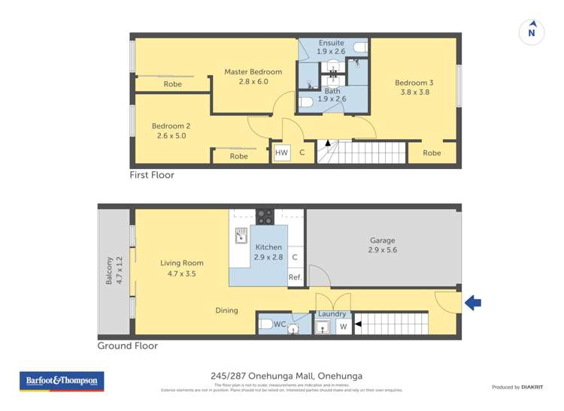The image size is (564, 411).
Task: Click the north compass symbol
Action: [532, 32]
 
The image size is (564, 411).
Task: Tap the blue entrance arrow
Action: [473, 303]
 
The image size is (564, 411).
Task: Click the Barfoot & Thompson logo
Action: [62, 382]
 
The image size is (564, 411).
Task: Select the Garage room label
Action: [382, 240]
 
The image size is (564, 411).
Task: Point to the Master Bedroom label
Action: [253, 72]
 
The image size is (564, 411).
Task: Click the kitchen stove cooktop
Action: [265, 216]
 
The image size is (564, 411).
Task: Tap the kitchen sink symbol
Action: [241, 236]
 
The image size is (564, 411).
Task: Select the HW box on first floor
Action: [281, 153]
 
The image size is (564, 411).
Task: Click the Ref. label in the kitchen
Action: [295, 277]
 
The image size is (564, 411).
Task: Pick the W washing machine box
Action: [344, 326]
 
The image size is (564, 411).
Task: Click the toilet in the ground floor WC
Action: [265, 325]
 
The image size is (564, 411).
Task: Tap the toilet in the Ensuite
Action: [359, 48]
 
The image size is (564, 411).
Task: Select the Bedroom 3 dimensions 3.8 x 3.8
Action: [414, 92]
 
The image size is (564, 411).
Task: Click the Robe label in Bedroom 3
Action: [432, 153]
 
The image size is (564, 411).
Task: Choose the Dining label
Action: [226, 310]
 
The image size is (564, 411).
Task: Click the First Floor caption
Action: [152, 175]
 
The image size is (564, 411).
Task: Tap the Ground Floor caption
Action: [128, 346]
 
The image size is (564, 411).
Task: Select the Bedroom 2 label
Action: [169, 125]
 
